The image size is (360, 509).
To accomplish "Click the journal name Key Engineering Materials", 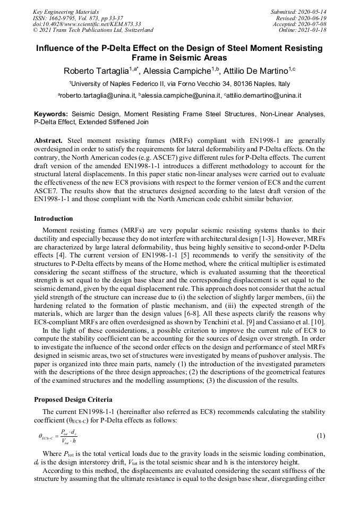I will tap(66, 11).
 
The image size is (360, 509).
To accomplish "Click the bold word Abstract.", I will tap(48, 140).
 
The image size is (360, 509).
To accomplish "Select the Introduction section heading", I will tap(54, 218).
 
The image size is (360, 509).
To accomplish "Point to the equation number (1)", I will tap(321, 436).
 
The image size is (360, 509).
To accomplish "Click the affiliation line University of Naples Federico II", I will tap(180, 84).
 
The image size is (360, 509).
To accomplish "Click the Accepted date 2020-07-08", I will tap(312, 24).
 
